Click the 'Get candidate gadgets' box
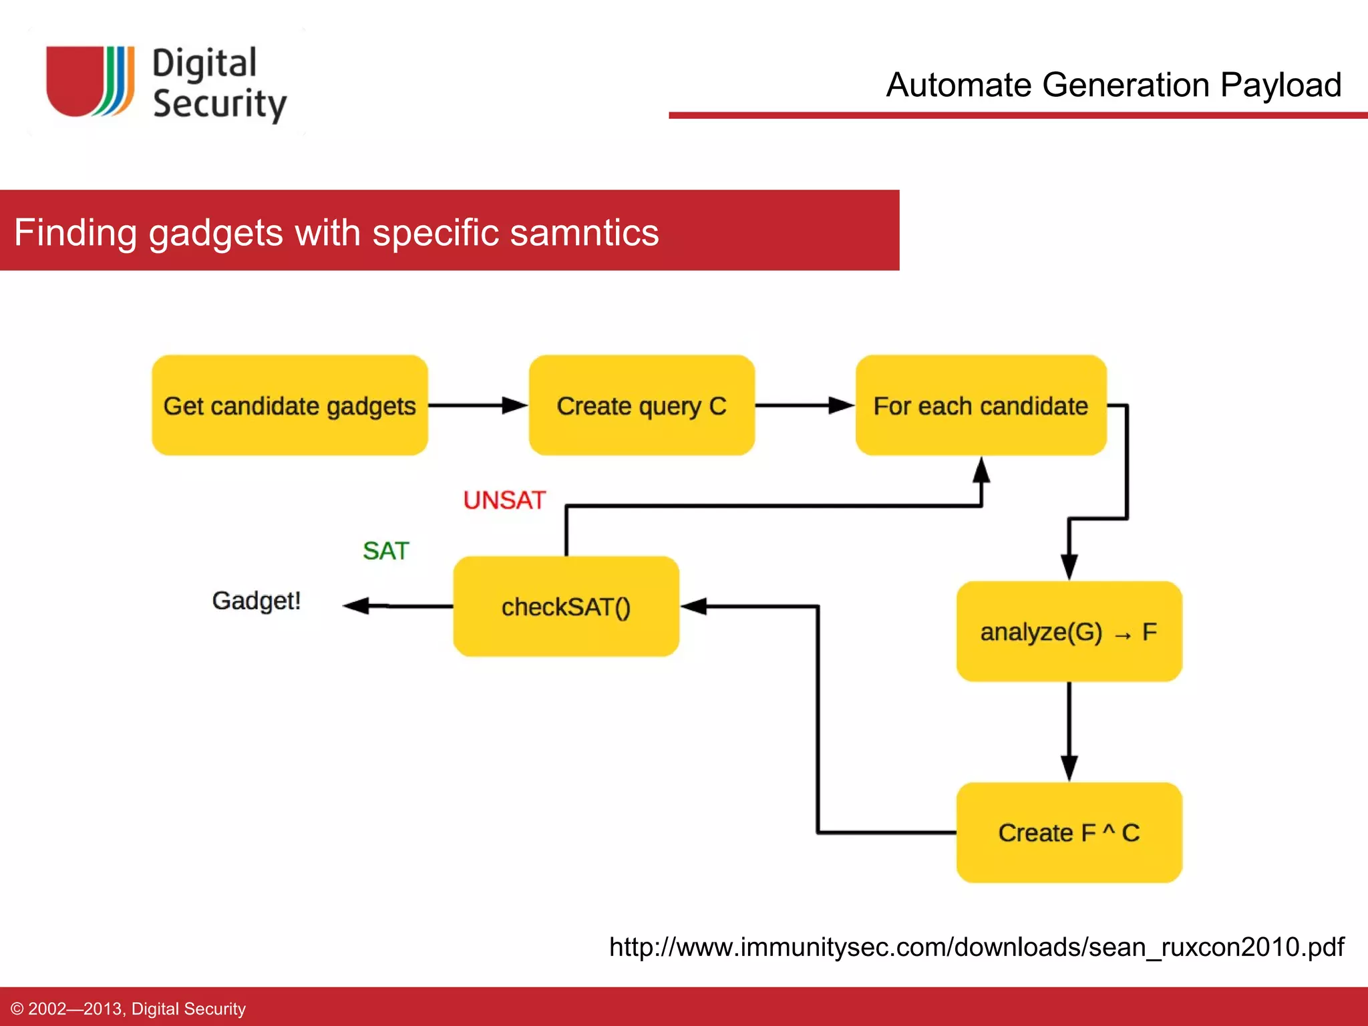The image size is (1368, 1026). [289, 405]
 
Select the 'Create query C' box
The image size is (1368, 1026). [641, 405]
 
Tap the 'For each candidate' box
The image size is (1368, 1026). [981, 405]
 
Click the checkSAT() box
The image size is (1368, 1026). [566, 607]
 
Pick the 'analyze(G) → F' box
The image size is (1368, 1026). [1069, 631]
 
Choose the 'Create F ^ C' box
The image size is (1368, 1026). [1069, 832]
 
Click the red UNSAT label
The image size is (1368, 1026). [504, 500]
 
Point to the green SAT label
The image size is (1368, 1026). [385, 551]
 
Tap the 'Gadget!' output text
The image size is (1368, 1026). [256, 601]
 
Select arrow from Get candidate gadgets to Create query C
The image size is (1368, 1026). [478, 405]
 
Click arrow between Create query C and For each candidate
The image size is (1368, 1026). [805, 405]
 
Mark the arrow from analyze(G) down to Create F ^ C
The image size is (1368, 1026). [1069, 731]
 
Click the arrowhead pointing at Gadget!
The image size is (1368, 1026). [357, 606]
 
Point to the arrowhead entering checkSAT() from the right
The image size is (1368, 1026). [695, 607]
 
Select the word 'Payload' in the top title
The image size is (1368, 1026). [1280, 85]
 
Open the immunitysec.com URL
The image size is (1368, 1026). [976, 947]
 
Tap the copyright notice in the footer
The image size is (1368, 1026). [128, 1009]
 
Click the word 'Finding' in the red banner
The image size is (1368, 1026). [75, 232]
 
